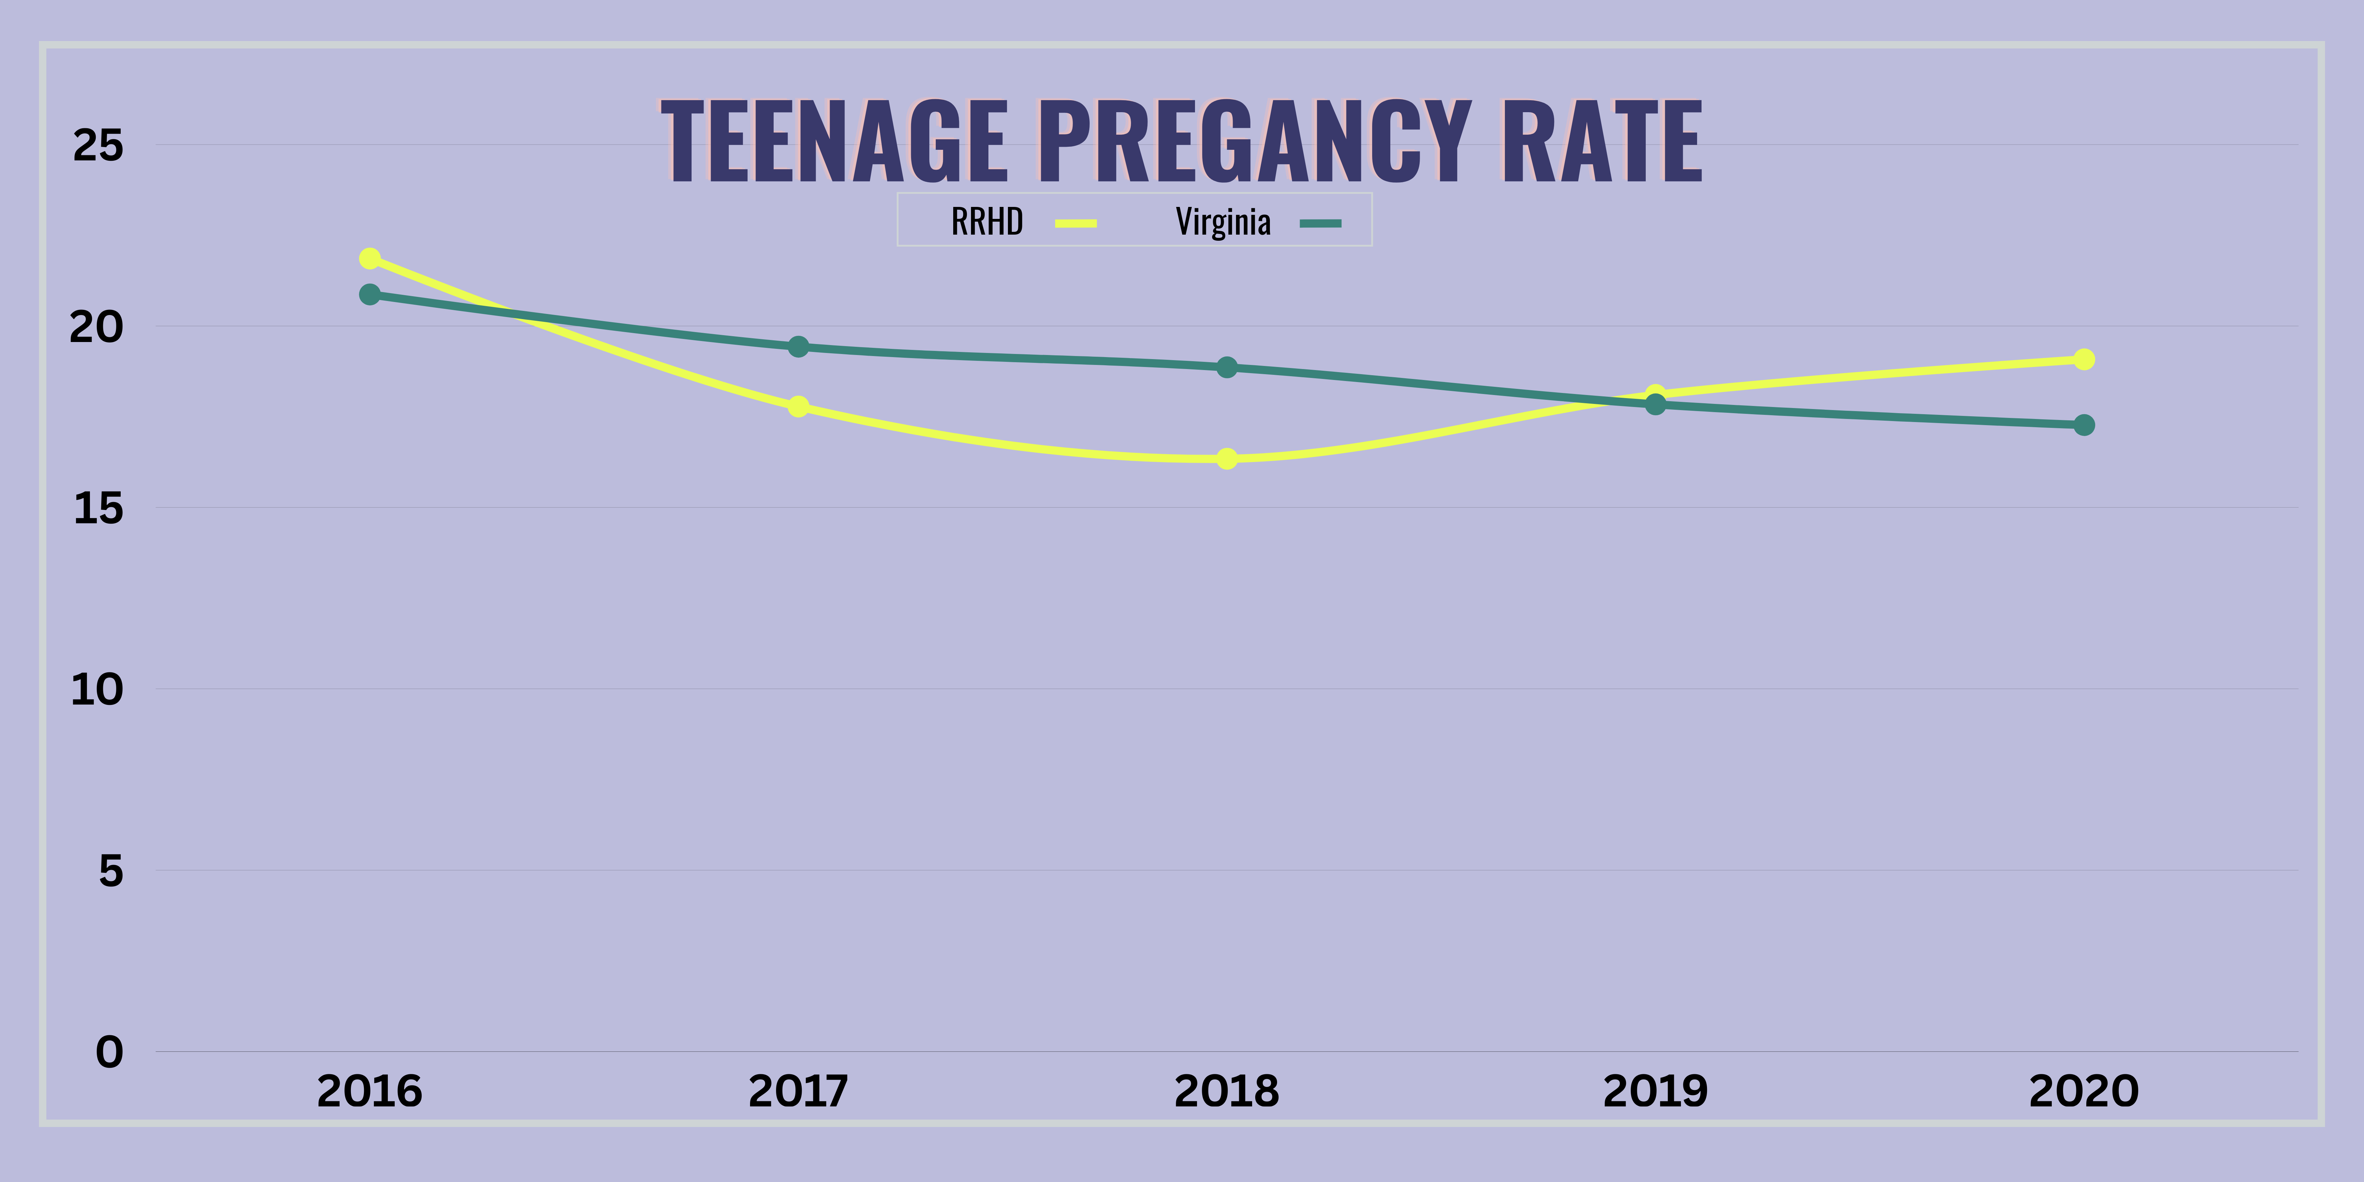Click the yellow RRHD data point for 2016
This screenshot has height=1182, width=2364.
(370, 259)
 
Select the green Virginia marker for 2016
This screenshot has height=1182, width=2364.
(370, 294)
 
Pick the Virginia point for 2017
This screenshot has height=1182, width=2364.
(798, 347)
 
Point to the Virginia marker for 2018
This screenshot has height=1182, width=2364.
(1227, 367)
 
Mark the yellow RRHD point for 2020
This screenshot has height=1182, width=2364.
(2084, 359)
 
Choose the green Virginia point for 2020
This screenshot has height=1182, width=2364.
(2084, 425)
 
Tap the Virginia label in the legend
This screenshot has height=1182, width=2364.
(1223, 222)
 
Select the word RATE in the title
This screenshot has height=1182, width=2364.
(1601, 142)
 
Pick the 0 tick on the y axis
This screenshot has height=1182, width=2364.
(109, 1052)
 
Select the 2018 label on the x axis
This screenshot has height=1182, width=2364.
(1227, 1091)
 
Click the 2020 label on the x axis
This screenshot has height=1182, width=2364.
(2084, 1091)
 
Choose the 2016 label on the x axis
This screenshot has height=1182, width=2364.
(370, 1091)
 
